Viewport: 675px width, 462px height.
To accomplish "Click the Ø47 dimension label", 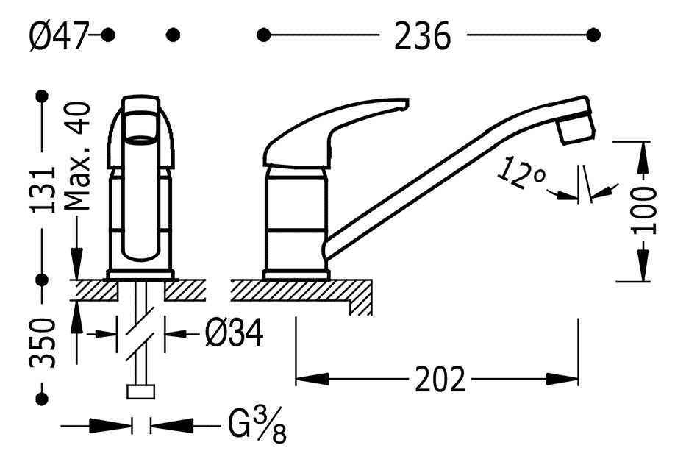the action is [59, 36].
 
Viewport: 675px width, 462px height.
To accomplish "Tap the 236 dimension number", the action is [422, 36].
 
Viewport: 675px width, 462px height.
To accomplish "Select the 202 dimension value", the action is [440, 380].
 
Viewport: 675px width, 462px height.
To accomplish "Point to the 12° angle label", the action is [521, 173].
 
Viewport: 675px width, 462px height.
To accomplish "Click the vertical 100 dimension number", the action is [643, 210].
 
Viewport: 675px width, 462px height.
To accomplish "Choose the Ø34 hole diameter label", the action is [234, 333].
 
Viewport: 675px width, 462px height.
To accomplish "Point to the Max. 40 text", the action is [77, 156].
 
